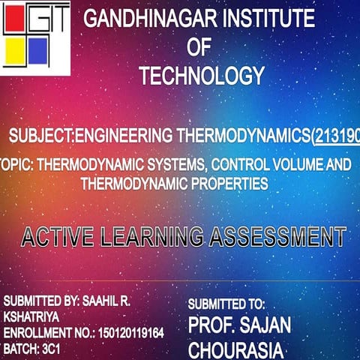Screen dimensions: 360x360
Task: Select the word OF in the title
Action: click(x=199, y=48)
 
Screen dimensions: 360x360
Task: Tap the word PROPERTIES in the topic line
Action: click(x=226, y=182)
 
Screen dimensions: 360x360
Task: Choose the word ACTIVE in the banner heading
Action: click(x=56, y=237)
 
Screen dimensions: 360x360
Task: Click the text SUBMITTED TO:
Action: click(x=226, y=304)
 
